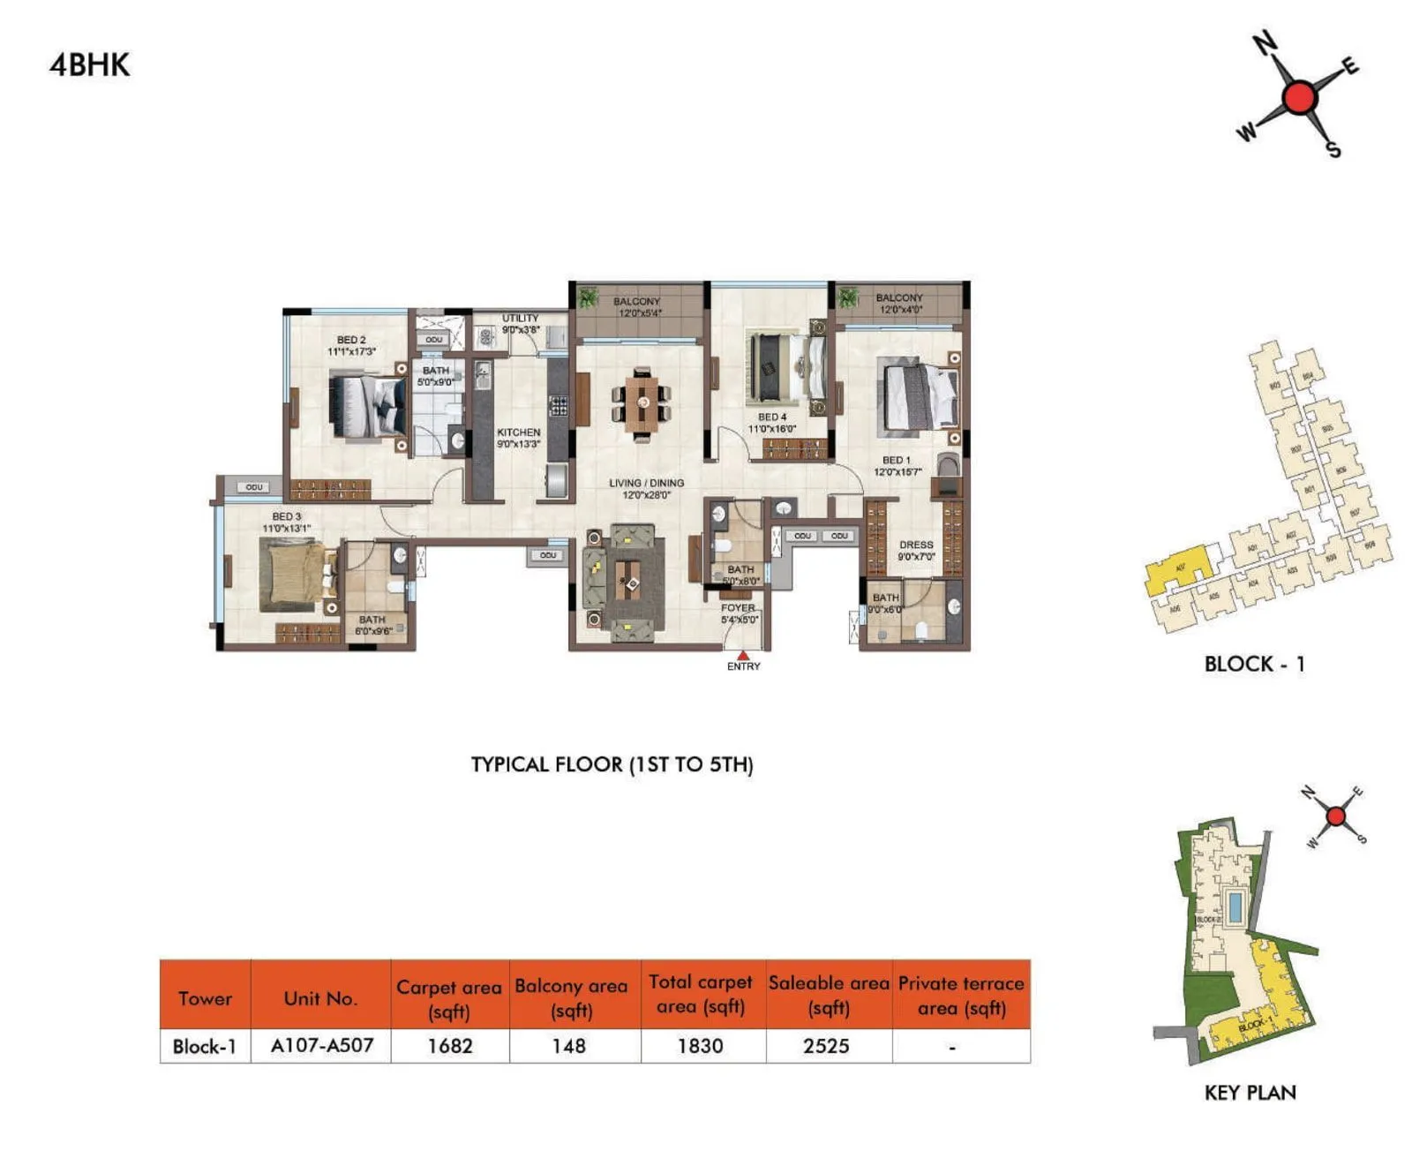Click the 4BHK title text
pos(89,65)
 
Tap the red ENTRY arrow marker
pos(744,655)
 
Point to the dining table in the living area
pos(642,404)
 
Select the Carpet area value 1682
pos(450,1046)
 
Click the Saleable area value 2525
pos(826,1046)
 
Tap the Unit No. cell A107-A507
pos(321,1046)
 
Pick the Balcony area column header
pos(572,997)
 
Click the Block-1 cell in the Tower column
pos(205,1047)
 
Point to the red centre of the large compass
pos(1299,97)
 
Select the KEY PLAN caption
pos(1250,1093)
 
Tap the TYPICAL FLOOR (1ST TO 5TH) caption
pos(612,764)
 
